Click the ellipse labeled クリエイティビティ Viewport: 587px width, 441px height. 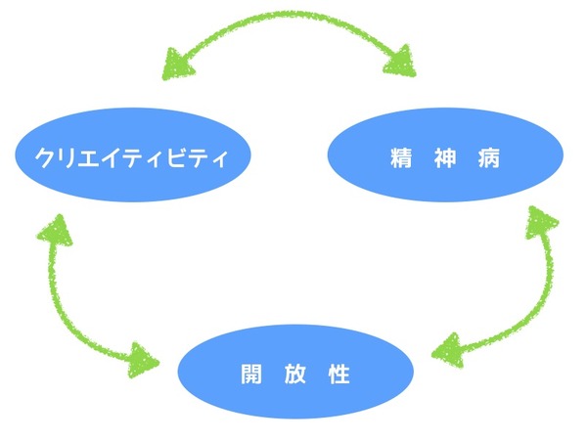133,156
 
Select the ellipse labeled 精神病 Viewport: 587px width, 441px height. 444,156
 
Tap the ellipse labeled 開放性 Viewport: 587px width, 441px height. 294,373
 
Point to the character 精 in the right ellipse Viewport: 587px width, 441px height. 398,156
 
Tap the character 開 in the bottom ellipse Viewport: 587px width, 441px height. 249,374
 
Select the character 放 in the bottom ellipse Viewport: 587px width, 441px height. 294,374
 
